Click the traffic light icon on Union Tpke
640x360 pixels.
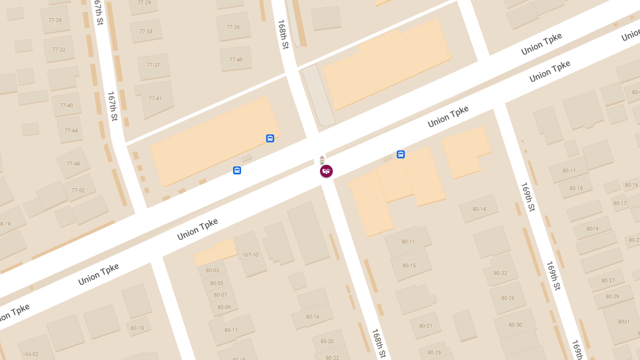coord(322,160)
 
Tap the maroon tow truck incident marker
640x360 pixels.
coord(326,171)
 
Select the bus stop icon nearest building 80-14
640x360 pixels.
coord(401,155)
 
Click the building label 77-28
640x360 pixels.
coord(55,20)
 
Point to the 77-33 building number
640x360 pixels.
coord(146,31)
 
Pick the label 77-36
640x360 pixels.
coord(233,27)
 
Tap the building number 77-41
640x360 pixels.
coord(155,99)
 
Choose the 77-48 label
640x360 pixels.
coord(73,164)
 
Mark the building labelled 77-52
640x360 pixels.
coord(78,190)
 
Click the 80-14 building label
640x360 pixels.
coord(479,209)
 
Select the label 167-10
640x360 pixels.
coord(250,255)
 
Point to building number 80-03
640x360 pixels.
coord(212,270)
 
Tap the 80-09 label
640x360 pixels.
coord(224,307)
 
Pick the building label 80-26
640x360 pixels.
coord(508,298)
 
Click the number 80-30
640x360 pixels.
coord(515,325)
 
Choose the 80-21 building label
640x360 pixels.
coord(426,326)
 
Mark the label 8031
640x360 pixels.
coord(623,322)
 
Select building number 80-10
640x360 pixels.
coord(137,328)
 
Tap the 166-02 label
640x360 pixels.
coord(30,354)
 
